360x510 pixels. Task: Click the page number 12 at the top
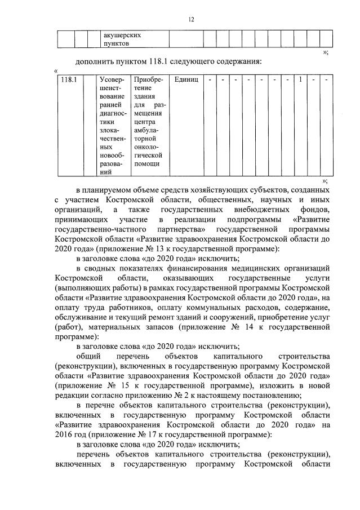point(191,20)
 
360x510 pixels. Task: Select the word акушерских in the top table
point(121,34)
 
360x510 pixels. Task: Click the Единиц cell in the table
point(186,79)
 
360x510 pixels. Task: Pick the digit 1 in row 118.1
point(301,79)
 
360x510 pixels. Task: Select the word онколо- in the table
point(148,146)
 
